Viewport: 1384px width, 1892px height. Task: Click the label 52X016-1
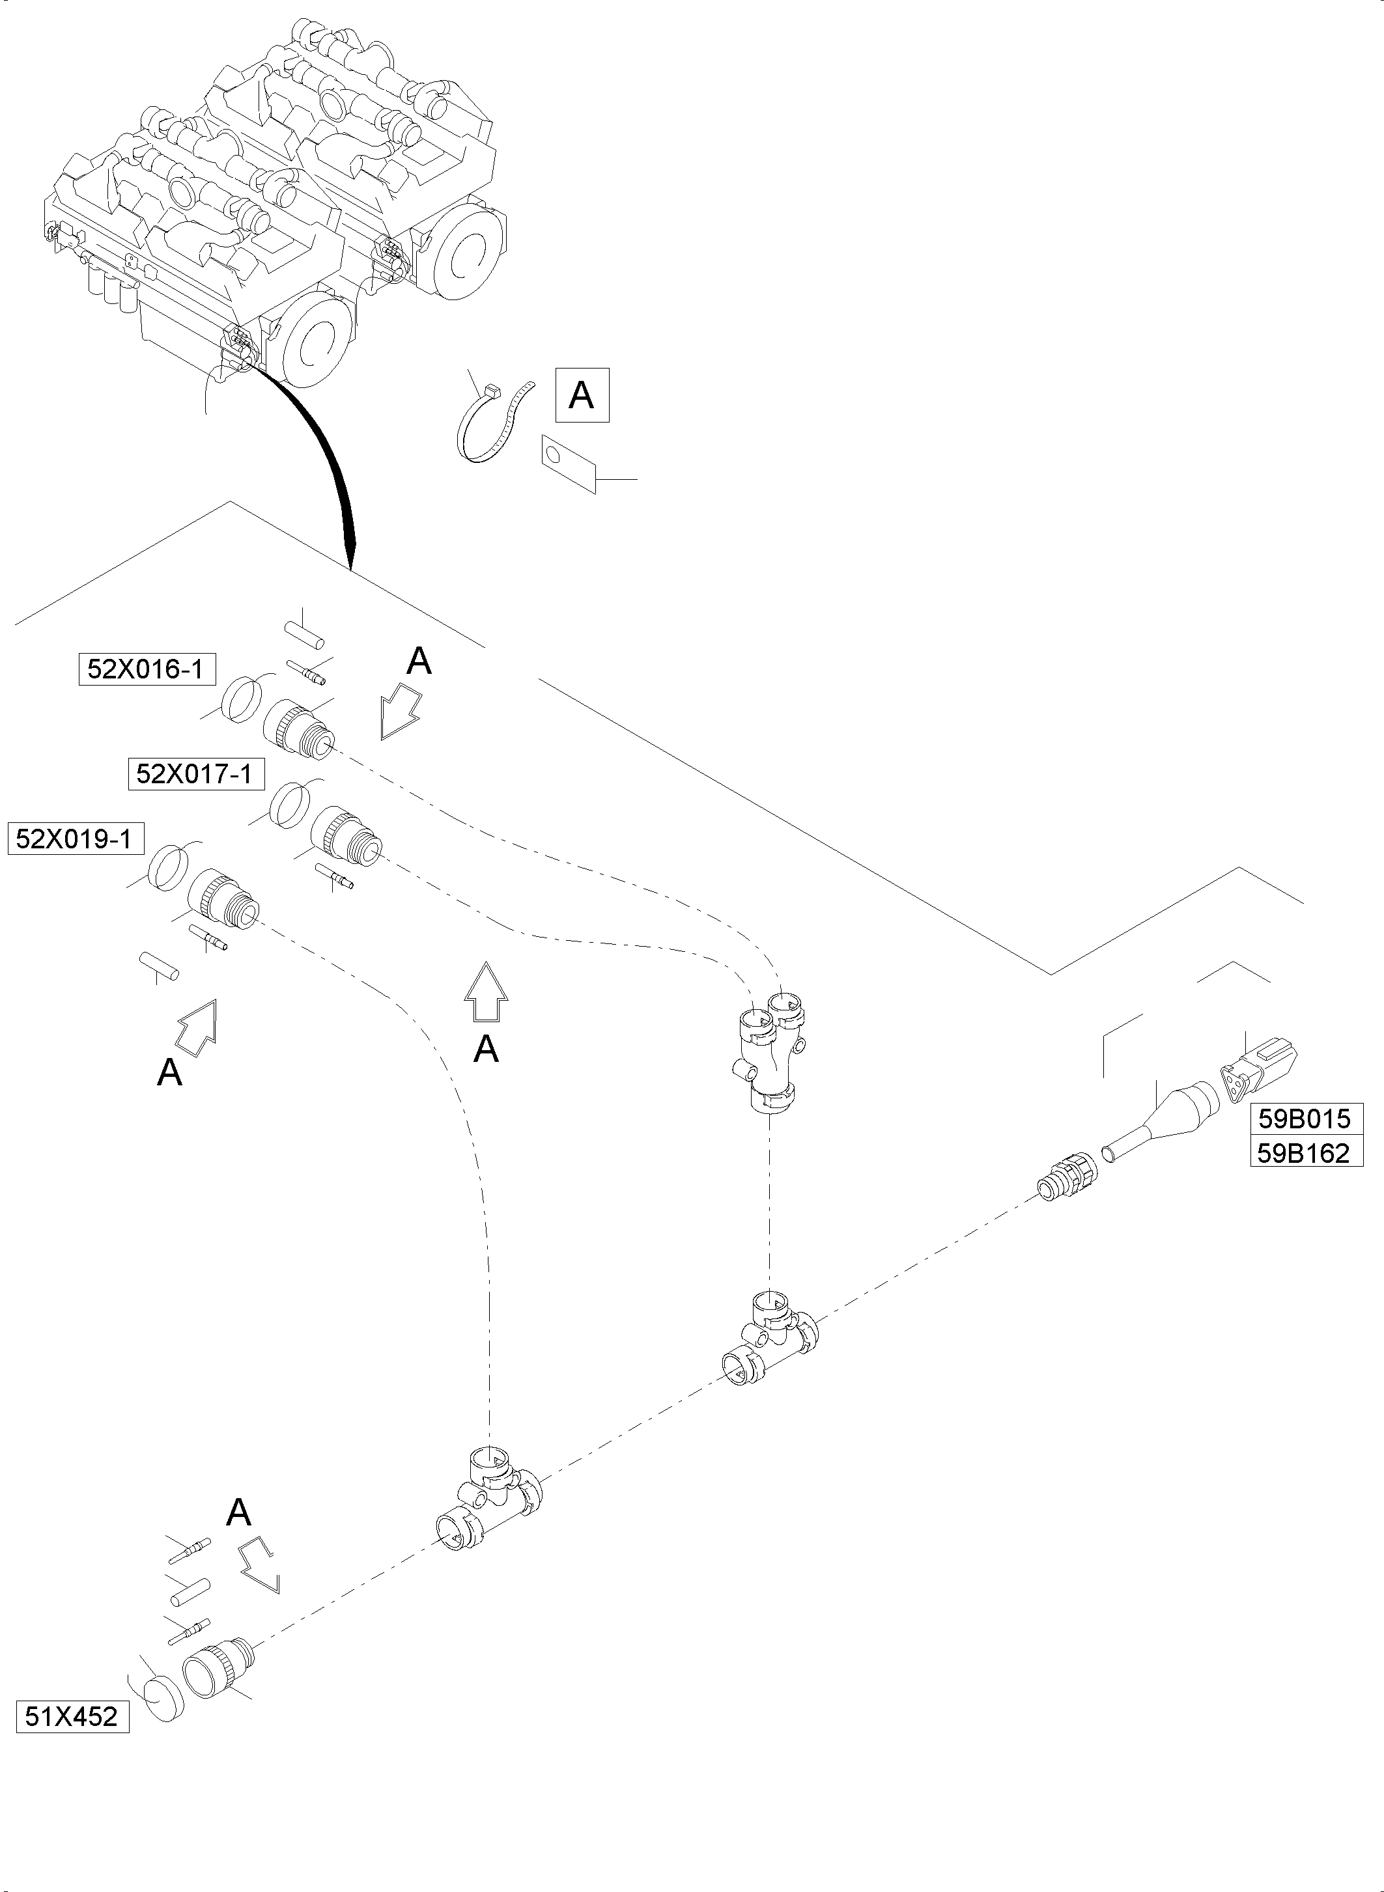coord(146,669)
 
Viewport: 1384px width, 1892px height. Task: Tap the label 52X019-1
coord(74,839)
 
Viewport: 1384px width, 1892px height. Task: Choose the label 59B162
coord(1305,1152)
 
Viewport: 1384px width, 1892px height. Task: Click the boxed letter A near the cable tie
coord(582,395)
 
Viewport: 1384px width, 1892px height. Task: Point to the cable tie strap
coord(494,427)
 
